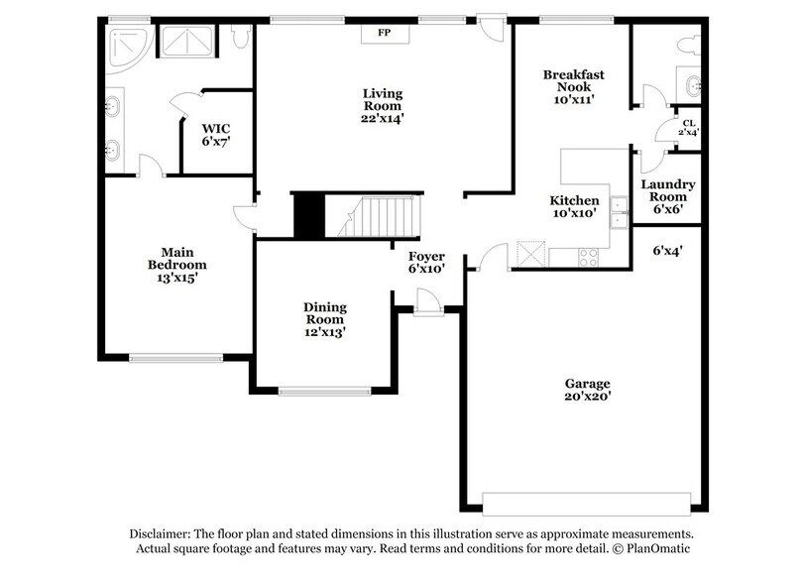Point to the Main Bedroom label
(x=176, y=265)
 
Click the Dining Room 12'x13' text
(x=324, y=320)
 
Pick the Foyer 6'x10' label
(x=427, y=262)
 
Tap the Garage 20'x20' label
(x=588, y=390)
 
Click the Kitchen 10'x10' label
(x=574, y=206)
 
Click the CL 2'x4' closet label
(x=687, y=128)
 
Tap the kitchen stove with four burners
(x=588, y=257)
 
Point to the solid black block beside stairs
(x=308, y=214)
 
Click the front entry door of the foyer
(x=428, y=300)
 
